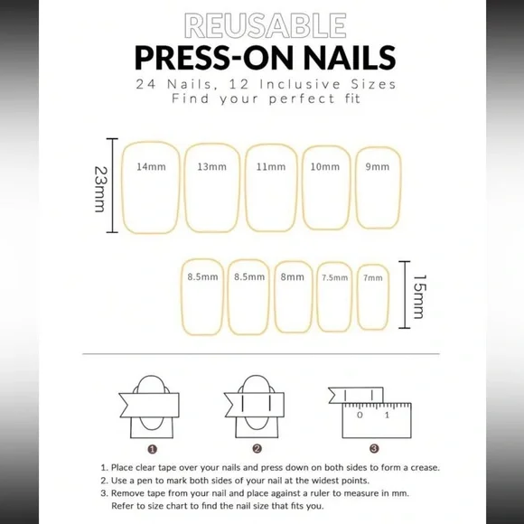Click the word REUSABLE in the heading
(261, 23)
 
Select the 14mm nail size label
(151, 167)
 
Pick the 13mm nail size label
(211, 167)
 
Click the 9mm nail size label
(377, 167)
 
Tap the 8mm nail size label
(292, 277)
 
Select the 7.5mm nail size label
(334, 277)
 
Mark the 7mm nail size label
(372, 277)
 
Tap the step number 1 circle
(153, 447)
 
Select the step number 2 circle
(257, 447)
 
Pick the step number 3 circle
(373, 447)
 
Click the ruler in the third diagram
(373, 417)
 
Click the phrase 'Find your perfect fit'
(261, 98)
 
